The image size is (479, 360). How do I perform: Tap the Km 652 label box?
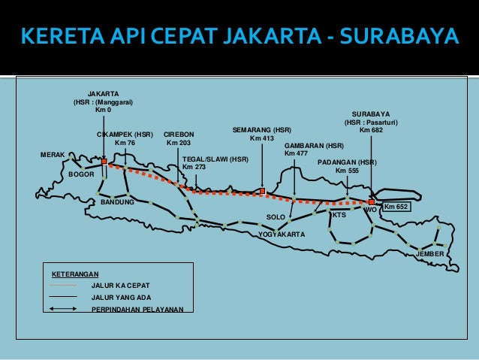coord(396,206)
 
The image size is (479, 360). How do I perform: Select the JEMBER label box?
coord(430,255)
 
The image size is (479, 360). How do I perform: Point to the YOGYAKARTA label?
coord(282,234)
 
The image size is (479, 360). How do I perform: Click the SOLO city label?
coord(276,217)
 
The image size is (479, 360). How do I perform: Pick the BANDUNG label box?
coord(117,203)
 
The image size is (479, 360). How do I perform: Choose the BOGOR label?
coord(81,174)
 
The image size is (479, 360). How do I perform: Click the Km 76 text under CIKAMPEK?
coord(125,143)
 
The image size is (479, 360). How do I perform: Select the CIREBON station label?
coord(179,135)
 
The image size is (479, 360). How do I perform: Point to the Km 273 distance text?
coord(194,167)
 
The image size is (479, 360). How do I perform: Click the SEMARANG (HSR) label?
coord(262,130)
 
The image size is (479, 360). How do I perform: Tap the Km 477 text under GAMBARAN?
coord(296,153)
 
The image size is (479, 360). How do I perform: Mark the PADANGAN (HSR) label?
coord(347,162)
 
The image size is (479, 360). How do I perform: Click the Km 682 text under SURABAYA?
coord(371,131)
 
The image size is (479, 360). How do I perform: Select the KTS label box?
coord(339,215)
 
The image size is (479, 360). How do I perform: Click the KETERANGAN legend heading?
coord(75,275)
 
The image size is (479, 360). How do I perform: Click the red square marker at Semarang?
coord(262,191)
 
